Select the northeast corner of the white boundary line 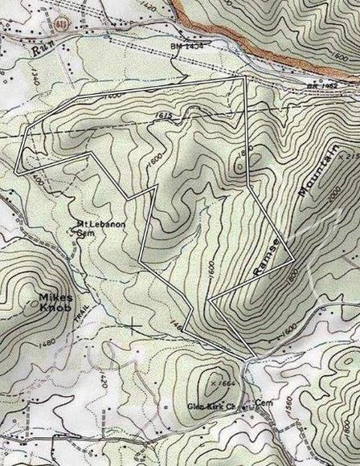coord(243,79)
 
